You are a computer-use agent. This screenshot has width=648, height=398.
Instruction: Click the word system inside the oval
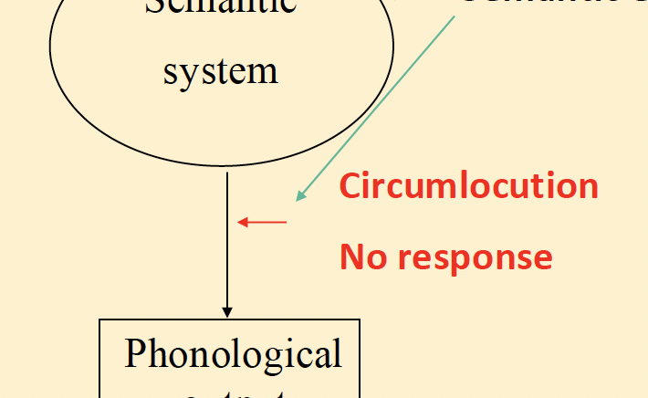(220, 70)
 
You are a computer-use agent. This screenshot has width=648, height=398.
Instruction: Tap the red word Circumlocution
(468, 186)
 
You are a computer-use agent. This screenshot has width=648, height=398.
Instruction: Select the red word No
(359, 257)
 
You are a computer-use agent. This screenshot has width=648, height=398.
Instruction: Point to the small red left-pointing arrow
(262, 221)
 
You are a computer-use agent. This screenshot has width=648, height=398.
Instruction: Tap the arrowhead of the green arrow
(300, 195)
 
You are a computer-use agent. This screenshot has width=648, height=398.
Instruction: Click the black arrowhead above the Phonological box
(227, 312)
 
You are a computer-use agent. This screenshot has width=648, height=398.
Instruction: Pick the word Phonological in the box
(233, 354)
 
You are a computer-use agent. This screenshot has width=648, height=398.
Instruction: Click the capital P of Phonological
(135, 352)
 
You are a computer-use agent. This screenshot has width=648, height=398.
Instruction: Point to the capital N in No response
(350, 257)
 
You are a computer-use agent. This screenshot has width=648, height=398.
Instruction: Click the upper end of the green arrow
(454, 17)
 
